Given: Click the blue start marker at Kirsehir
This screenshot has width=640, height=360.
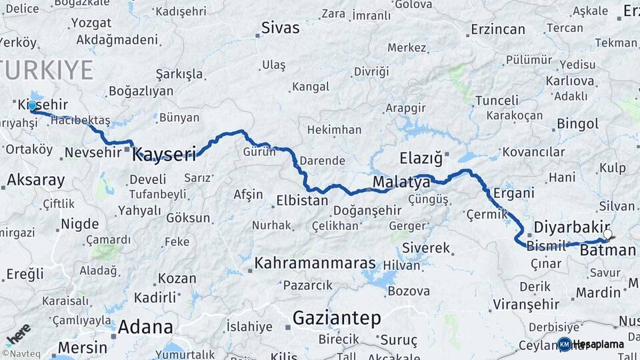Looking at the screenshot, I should coord(31,105).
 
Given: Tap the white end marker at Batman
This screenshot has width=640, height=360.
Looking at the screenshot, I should coord(607,235).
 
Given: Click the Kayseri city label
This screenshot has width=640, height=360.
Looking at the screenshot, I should coord(164,155).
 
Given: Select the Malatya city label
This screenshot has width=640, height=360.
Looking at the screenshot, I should coord(401,182).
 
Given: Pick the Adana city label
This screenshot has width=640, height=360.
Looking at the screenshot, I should coord(145,327).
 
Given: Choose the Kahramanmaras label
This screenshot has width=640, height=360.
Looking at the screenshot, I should coord(315,263).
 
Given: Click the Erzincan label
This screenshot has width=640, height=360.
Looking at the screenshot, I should coord(497,29).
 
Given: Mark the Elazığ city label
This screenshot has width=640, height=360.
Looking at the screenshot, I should coord(421,159).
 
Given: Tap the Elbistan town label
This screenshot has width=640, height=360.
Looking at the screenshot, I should coord(302,200).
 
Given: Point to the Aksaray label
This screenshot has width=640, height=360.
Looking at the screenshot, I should coord(35,180).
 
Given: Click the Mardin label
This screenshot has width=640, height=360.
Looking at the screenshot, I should coord(598,292).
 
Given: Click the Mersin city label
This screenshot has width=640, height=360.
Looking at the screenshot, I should coord(82,347).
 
